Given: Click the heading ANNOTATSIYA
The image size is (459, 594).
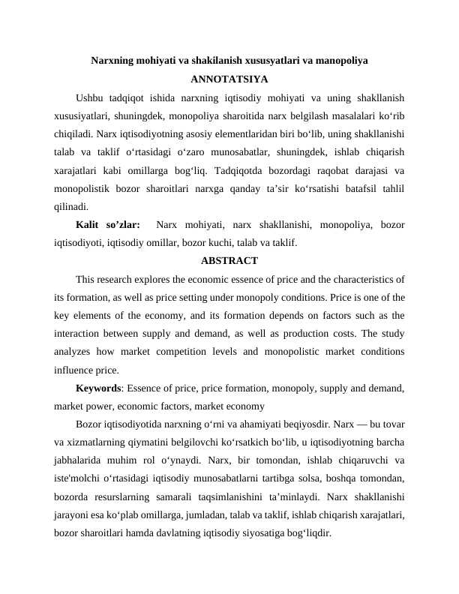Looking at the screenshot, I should tap(229, 79).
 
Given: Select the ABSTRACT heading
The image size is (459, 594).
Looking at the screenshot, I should tap(229, 261).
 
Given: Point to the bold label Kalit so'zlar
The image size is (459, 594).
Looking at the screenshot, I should tap(108, 224).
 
